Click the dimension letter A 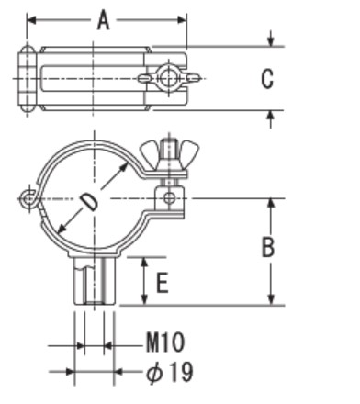(104, 20)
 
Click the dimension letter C (267, 79)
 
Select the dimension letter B (268, 247)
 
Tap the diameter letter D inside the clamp (89, 202)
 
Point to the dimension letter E (163, 283)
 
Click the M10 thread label (165, 342)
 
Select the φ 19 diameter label (170, 372)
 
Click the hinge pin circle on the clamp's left (28, 199)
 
